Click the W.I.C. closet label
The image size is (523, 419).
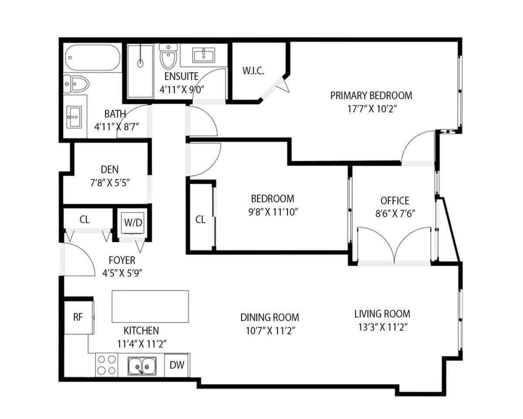coord(253,71)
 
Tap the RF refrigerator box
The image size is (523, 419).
coord(78,317)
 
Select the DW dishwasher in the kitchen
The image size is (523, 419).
coord(177,365)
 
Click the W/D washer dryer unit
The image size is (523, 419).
coord(132,222)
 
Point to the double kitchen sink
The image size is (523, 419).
coord(142,366)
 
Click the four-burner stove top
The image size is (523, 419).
coord(106,365)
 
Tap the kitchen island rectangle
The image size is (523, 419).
coord(150,307)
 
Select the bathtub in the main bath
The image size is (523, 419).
coord(92,58)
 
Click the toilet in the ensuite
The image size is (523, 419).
coord(168,56)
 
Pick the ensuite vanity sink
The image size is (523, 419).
coord(204,55)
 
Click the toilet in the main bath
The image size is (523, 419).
coord(76,84)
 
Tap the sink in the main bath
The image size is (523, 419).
coord(75,117)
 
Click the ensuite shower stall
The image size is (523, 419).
coord(140,72)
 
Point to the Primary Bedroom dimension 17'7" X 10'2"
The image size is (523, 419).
coord(372,109)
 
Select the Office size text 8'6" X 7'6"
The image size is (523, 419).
coord(395,214)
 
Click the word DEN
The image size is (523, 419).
coord(109,170)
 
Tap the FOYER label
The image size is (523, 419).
coord(122,260)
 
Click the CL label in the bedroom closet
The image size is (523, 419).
coord(200,220)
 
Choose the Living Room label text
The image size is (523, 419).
coord(382,314)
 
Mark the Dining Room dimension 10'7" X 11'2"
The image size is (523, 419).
coord(270,331)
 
